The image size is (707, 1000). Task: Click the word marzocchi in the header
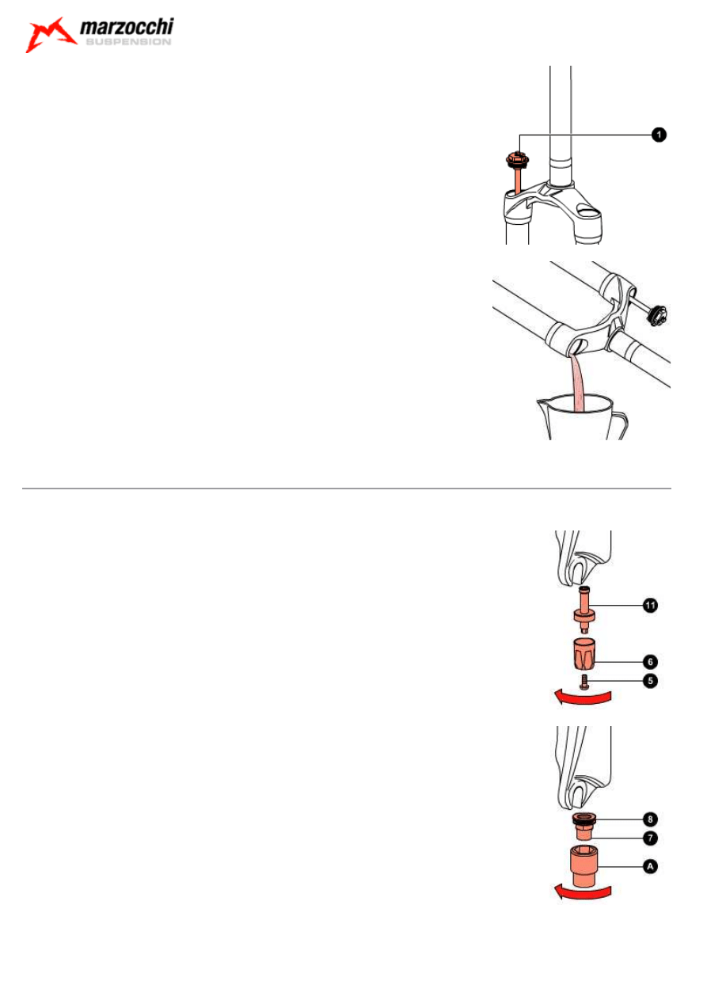point(127,27)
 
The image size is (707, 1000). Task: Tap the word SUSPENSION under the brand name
point(128,42)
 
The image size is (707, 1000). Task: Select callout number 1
point(659,135)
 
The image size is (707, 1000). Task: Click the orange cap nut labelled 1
point(517,161)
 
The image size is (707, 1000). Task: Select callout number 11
point(650,606)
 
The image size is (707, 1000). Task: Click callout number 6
point(650,662)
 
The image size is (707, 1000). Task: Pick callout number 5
point(650,681)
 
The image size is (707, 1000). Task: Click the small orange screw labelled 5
point(583,681)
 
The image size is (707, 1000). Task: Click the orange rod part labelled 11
point(583,610)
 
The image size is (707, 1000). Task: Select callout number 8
point(650,819)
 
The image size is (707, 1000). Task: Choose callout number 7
point(650,838)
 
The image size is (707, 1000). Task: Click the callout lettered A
point(650,866)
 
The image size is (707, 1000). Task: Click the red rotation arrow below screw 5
point(582,698)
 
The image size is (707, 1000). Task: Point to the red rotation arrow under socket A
point(582,893)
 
